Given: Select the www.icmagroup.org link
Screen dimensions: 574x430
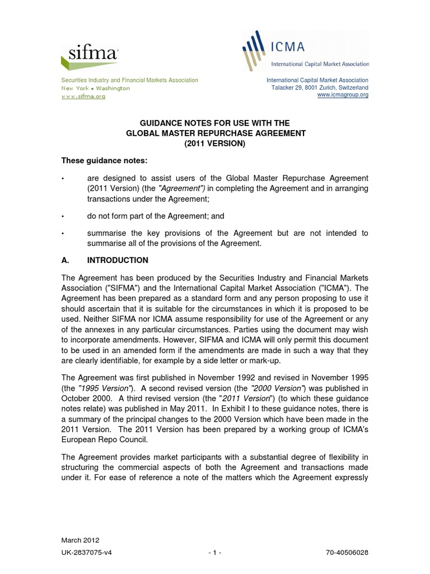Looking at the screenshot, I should pyautogui.click(x=343, y=95).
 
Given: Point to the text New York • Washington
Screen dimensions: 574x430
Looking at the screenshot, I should pyautogui.click(x=95, y=89).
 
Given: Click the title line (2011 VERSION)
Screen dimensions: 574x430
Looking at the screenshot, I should pyautogui.click(x=214, y=144).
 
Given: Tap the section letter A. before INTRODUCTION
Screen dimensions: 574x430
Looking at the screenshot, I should pyautogui.click(x=65, y=260).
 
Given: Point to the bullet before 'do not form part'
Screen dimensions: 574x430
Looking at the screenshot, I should pyautogui.click(x=63, y=216).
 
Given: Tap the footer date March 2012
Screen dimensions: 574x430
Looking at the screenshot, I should pyautogui.click(x=80, y=540).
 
